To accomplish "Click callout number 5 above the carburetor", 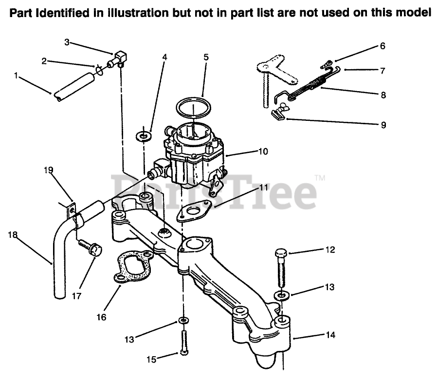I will click(x=206, y=58).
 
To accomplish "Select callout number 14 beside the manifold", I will click(x=331, y=335).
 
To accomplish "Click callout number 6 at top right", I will click(x=382, y=46).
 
